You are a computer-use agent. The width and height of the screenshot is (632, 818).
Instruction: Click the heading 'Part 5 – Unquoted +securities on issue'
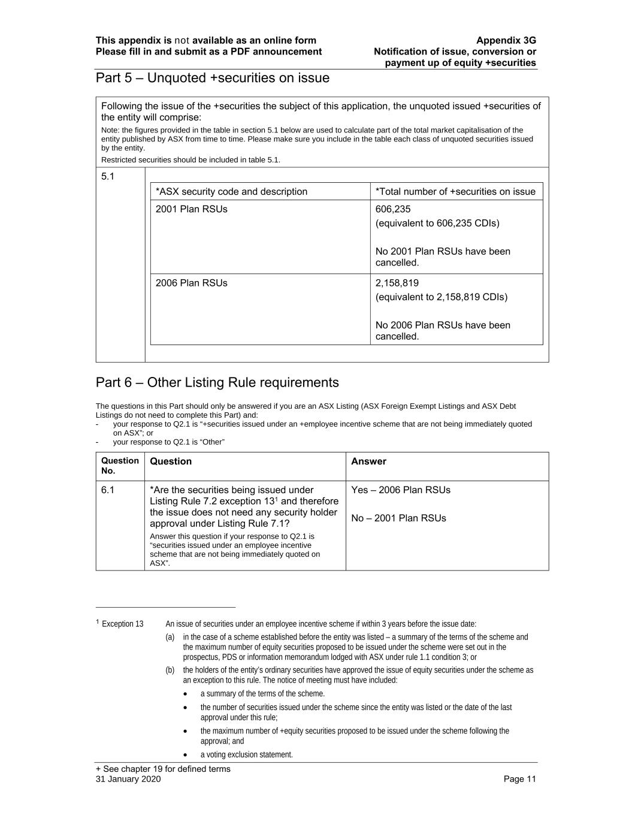click(212, 79)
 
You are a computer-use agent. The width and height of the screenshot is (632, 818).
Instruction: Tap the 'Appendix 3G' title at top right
click(506, 41)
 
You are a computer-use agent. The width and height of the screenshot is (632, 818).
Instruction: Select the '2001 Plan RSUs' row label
click(191, 209)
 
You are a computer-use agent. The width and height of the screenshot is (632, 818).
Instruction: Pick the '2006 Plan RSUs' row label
click(191, 283)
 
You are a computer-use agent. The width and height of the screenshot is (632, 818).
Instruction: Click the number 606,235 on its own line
click(393, 209)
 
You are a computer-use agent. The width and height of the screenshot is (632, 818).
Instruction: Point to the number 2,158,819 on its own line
click(397, 283)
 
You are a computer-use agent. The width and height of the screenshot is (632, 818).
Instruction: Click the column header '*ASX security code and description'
click(231, 192)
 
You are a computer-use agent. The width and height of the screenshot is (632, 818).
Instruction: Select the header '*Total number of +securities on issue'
click(455, 192)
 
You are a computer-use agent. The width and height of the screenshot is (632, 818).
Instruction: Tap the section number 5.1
click(108, 176)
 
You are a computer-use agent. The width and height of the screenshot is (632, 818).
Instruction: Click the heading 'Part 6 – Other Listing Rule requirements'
click(217, 383)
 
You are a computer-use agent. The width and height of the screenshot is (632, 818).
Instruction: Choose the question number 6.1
click(108, 490)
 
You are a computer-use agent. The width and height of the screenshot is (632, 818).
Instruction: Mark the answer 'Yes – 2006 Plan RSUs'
click(401, 490)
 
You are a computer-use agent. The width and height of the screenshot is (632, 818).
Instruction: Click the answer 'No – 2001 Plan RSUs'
click(398, 518)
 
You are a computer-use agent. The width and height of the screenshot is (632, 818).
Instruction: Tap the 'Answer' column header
click(368, 461)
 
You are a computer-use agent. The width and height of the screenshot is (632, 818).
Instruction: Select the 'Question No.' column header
click(120, 466)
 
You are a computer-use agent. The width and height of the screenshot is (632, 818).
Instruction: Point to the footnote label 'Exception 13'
click(122, 624)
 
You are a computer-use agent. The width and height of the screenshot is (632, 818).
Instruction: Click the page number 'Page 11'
click(519, 779)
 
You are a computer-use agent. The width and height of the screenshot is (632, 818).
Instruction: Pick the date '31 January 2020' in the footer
click(128, 779)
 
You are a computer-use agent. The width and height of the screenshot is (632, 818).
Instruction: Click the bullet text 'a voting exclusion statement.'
click(246, 754)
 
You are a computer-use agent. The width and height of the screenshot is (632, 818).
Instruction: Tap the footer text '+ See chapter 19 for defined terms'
click(163, 769)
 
